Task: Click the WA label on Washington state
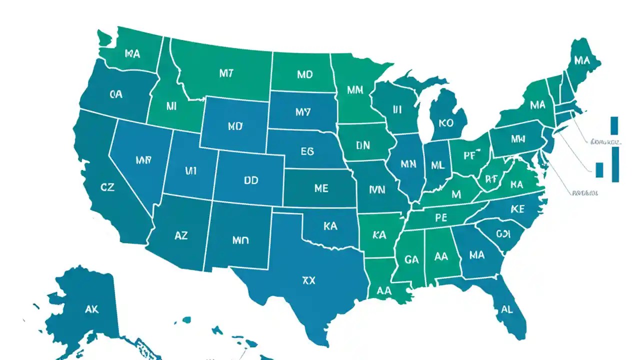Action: [132, 53]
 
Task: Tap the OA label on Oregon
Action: [116, 93]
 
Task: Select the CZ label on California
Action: [107, 187]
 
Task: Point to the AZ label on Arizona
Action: [181, 235]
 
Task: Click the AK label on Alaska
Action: [91, 309]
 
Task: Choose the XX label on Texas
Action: [309, 280]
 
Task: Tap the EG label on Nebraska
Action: [307, 151]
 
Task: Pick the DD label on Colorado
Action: [251, 180]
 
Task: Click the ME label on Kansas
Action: [321, 188]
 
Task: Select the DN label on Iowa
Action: [363, 145]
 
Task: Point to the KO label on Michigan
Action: [445, 122]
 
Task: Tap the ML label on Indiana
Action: [437, 164]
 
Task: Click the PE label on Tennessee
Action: [440, 217]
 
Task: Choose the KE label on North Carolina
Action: [517, 209]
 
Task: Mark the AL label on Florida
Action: [506, 309]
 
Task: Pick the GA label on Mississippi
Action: [411, 259]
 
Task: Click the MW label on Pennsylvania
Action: [518, 139]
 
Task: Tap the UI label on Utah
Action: [190, 171]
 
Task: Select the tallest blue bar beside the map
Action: [615, 164]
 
